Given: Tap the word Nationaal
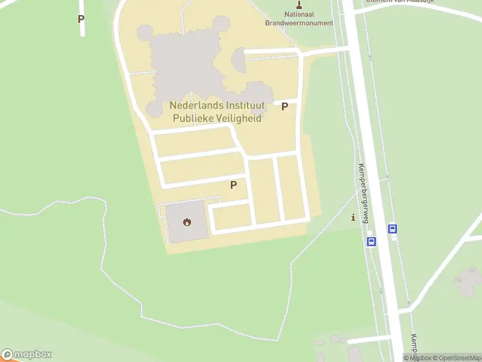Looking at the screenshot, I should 299,14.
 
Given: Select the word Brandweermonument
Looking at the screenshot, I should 299,23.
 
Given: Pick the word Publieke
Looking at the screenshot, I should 193,118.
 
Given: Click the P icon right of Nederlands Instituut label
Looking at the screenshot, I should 285,107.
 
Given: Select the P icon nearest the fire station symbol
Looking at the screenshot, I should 233,185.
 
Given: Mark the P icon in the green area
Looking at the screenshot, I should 81,19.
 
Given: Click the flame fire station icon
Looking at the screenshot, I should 187,222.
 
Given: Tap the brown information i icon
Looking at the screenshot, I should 353,217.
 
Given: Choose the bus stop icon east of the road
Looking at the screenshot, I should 393,229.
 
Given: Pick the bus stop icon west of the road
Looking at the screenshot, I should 371,241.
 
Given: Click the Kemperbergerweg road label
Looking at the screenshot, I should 364,193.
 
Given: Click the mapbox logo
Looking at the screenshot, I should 27,355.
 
